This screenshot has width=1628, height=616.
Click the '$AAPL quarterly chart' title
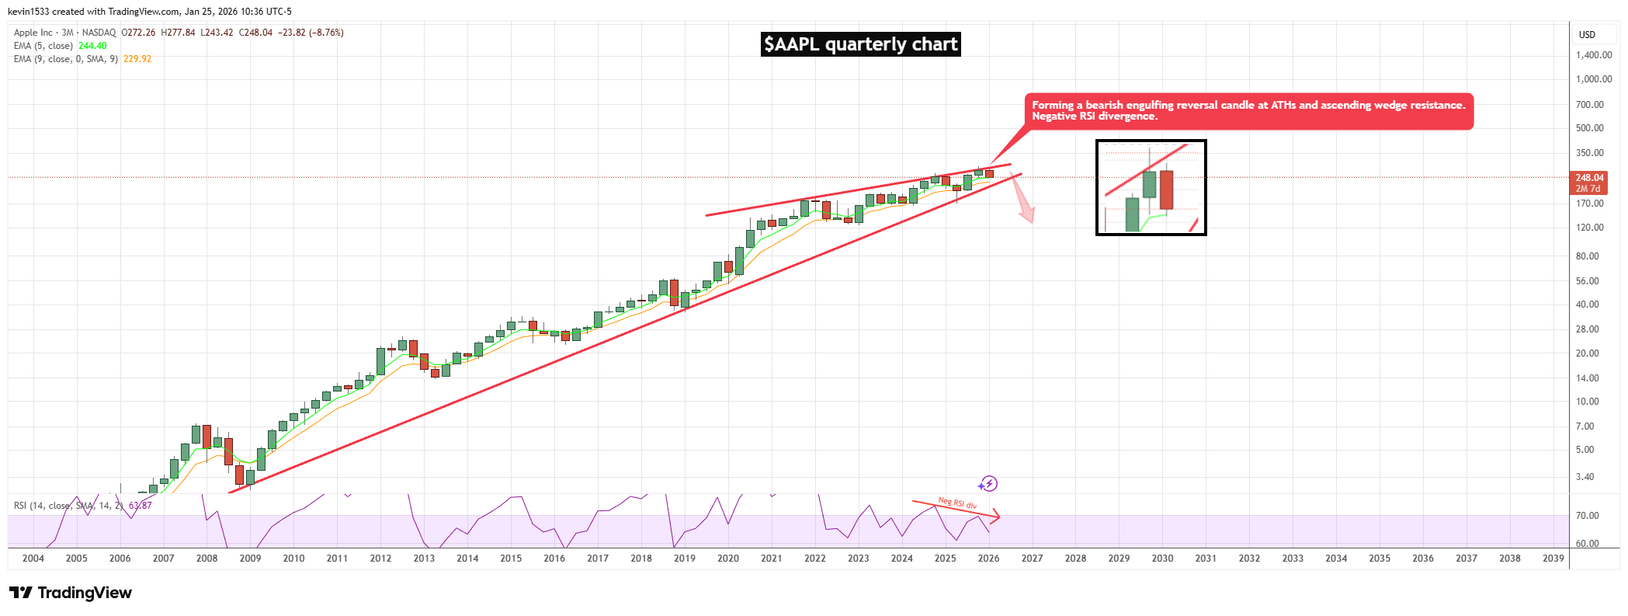point(860,44)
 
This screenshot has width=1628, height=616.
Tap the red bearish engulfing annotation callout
point(1248,111)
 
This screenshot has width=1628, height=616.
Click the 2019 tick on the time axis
point(684,559)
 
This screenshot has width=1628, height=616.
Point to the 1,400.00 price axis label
point(1593,55)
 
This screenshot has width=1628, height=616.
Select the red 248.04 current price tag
point(1589,178)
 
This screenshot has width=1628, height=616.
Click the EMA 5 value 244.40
point(92,46)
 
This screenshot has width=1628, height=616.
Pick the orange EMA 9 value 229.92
point(137,59)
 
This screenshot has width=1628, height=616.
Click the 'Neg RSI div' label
point(957,503)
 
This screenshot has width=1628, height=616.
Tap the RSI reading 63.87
point(141,506)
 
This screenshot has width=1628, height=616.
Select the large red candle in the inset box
point(1166,190)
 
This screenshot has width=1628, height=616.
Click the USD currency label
point(1587,35)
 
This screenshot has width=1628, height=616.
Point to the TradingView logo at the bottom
point(71,593)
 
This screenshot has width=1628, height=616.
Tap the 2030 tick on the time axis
point(1162,559)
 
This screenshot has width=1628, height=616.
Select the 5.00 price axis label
point(1585,450)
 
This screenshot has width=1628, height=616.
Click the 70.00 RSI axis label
point(1587,516)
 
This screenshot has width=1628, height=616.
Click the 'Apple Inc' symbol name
point(33,33)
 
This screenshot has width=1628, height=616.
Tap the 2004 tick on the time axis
point(33,559)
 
